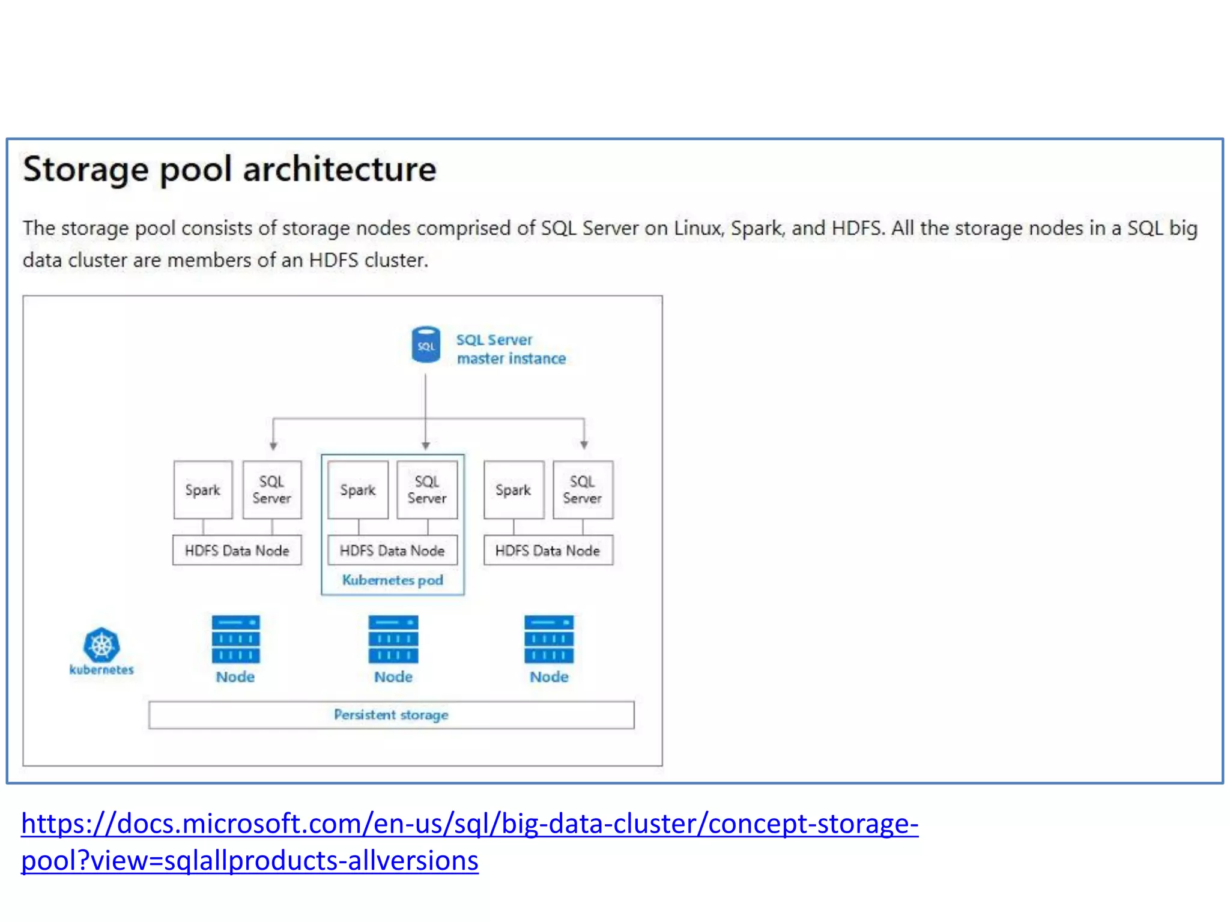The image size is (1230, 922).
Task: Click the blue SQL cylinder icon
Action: [x=425, y=345]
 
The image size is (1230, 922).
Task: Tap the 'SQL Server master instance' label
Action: [x=510, y=349]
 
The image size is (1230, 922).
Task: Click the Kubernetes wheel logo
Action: [x=101, y=645]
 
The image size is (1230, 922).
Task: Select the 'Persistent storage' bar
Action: [x=391, y=714]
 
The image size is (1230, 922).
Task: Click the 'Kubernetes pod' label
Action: [x=392, y=580]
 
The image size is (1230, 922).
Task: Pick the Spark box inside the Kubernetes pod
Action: [x=358, y=490]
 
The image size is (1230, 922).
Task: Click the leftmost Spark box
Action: [x=203, y=490]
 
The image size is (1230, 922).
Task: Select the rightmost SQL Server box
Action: [x=582, y=490]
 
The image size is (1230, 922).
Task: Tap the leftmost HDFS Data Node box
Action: [x=237, y=550]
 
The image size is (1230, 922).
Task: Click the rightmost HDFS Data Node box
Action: [x=548, y=550]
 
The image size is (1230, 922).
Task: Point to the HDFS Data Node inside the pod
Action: [x=392, y=550]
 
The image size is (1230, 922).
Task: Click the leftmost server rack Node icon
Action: [x=235, y=639]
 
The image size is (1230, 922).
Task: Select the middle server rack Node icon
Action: [x=393, y=639]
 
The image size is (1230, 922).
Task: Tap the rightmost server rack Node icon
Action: [x=548, y=639]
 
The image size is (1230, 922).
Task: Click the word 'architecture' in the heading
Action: [x=339, y=169]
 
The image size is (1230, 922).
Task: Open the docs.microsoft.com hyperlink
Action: [x=468, y=824]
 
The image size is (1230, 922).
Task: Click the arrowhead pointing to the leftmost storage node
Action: [x=273, y=446]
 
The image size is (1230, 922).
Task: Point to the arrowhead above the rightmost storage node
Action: [x=584, y=445]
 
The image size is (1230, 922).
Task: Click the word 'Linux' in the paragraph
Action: [x=697, y=228]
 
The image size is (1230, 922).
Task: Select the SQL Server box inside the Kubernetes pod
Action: [x=427, y=490]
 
